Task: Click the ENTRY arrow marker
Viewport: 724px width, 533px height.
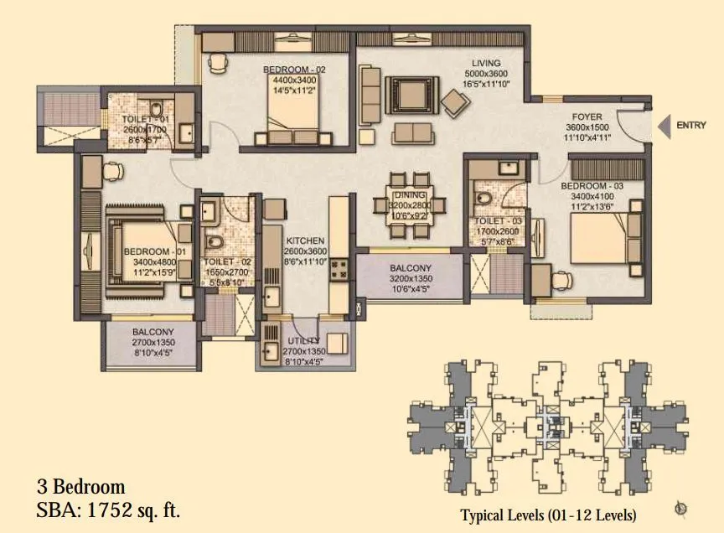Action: point(665,127)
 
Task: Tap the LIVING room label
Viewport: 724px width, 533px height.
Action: point(485,63)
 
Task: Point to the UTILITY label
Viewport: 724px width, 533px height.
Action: point(303,340)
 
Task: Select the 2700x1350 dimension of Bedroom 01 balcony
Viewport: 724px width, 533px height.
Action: point(152,343)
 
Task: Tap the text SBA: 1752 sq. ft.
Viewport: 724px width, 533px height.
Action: point(108,508)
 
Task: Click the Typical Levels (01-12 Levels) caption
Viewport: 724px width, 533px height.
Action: point(548,514)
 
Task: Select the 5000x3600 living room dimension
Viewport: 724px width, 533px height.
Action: point(486,74)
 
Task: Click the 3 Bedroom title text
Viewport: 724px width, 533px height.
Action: point(80,487)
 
